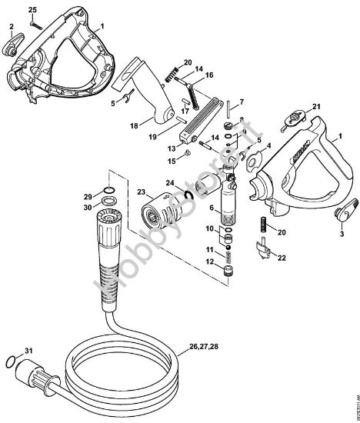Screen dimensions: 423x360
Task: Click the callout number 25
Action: pos(32,9)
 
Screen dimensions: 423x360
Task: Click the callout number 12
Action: pos(211,264)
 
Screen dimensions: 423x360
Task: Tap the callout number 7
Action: pos(241,102)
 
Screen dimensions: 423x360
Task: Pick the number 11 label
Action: pos(211,251)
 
